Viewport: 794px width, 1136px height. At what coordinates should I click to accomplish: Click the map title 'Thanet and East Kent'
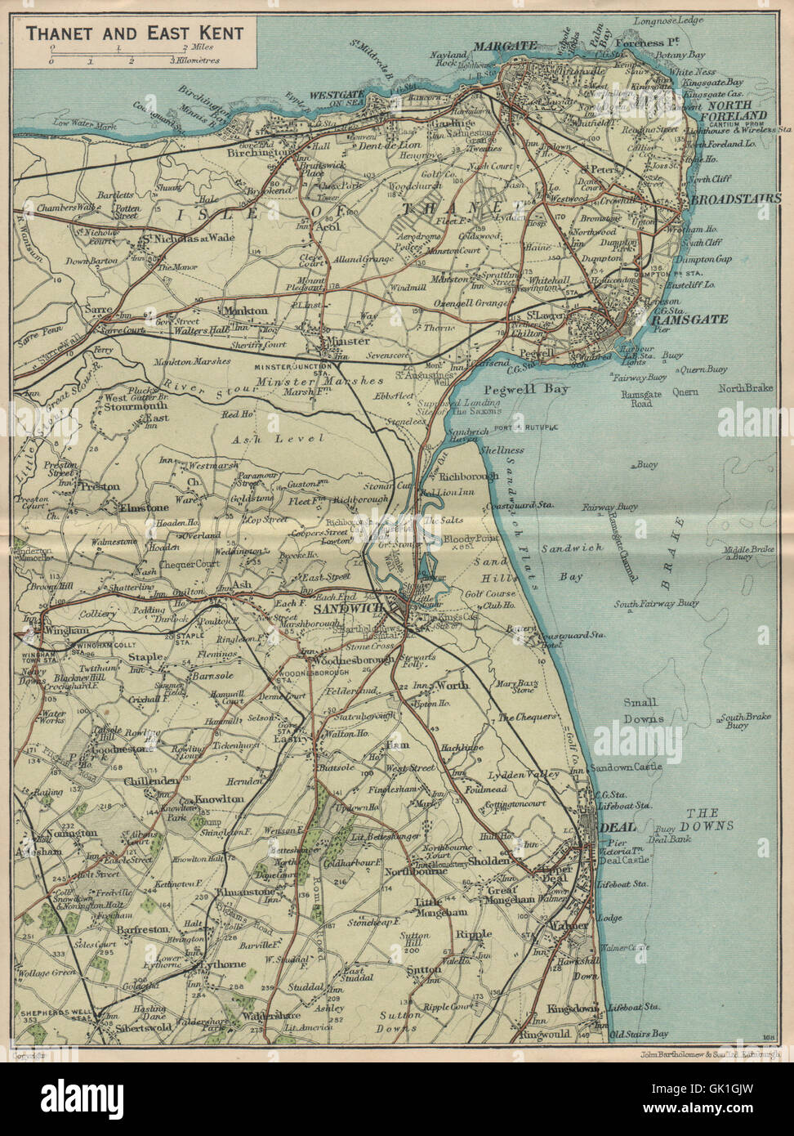(x=135, y=33)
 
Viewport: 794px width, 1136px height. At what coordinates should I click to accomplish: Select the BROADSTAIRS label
(x=735, y=199)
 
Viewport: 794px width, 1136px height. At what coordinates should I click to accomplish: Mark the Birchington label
(x=260, y=153)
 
